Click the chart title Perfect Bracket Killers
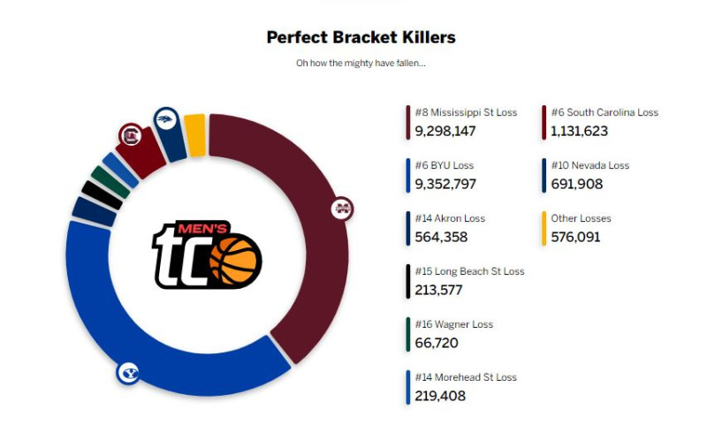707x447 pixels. tap(361, 37)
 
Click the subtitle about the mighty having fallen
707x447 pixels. tap(361, 64)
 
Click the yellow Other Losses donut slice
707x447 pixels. tap(195, 135)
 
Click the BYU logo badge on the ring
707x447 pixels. tap(128, 373)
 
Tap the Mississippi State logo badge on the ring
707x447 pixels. tap(342, 209)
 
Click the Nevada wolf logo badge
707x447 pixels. tap(165, 119)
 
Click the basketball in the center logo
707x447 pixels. tap(235, 261)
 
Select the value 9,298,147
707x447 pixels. tap(445, 131)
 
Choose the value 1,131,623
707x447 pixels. tap(579, 131)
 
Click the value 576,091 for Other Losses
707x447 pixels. tap(575, 237)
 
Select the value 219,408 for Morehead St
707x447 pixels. tap(439, 396)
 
